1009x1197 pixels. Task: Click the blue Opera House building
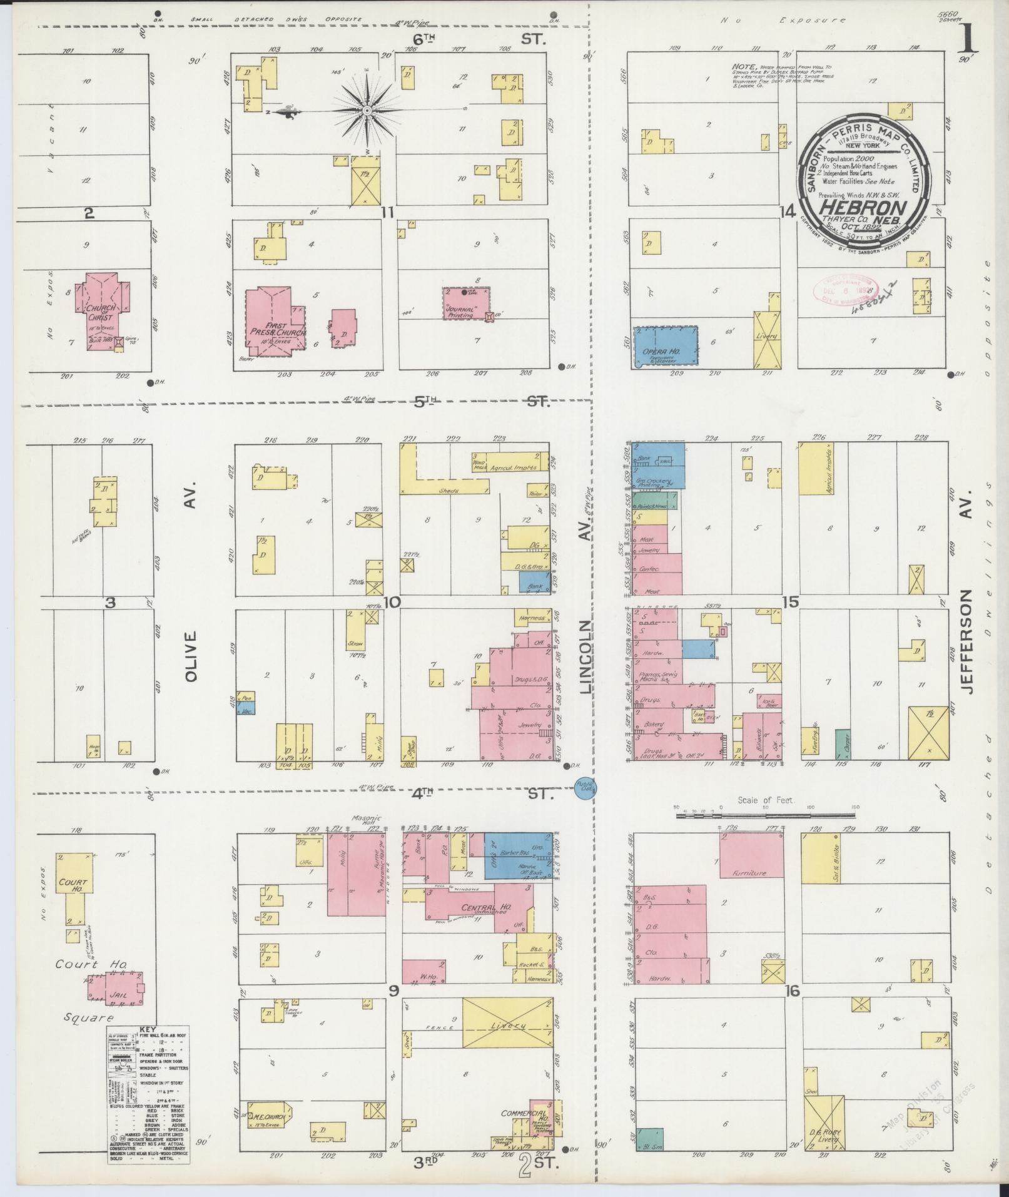pos(666,348)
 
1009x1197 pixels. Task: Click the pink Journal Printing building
pos(465,303)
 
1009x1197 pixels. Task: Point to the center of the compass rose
pos(367,111)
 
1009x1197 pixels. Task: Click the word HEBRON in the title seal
pos(864,208)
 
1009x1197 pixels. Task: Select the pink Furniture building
pos(751,855)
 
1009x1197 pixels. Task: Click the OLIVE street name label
pos(191,656)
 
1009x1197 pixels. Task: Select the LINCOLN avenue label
pos(585,656)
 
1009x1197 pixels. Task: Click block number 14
pos(788,212)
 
